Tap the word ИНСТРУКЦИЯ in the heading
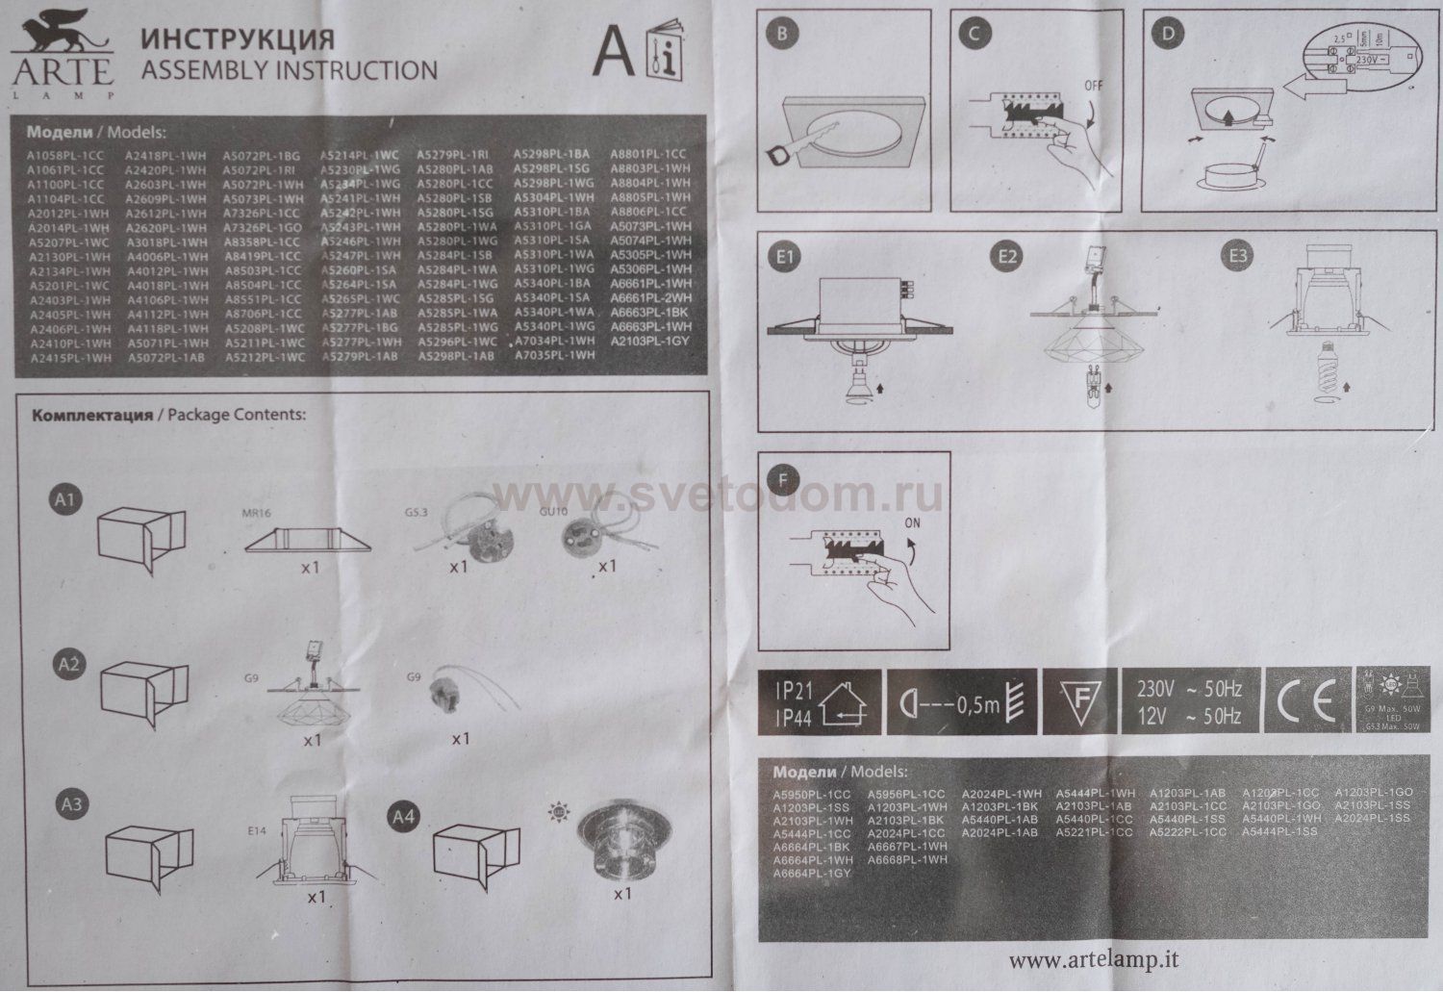[x=238, y=39]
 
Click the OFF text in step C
[x=1095, y=85]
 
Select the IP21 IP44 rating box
[x=817, y=703]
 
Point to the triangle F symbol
[x=1079, y=703]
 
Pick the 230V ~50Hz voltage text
[x=1189, y=690]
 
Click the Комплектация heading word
[x=92, y=416]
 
